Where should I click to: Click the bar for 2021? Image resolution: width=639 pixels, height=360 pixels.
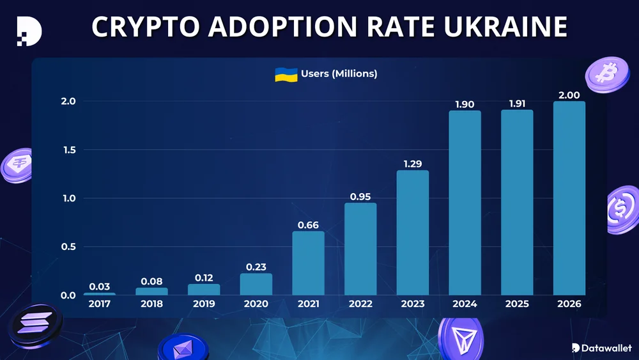point(308,263)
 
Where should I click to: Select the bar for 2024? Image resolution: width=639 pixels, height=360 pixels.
point(465,203)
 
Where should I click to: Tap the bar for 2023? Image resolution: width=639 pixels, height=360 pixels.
point(413,233)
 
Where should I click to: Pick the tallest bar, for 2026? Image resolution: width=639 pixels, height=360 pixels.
point(569,198)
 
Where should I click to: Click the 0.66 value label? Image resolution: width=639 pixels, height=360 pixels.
point(308,225)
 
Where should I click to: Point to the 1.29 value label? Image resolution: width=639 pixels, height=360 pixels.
point(413,164)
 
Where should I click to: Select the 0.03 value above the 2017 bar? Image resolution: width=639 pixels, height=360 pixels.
point(99,286)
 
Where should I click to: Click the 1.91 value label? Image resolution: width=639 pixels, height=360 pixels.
point(517,104)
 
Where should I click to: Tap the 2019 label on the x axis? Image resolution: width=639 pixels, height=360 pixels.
point(204,304)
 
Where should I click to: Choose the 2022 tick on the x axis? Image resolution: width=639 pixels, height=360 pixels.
point(360,304)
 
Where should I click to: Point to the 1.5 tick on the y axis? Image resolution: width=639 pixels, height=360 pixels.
point(68,150)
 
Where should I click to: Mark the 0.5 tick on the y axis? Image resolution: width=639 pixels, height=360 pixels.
point(68,247)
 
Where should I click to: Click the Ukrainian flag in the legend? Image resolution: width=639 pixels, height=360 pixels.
point(286,74)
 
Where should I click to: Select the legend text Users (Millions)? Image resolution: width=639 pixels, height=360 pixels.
point(339,74)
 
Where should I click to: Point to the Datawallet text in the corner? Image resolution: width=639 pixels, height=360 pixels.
point(606,348)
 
